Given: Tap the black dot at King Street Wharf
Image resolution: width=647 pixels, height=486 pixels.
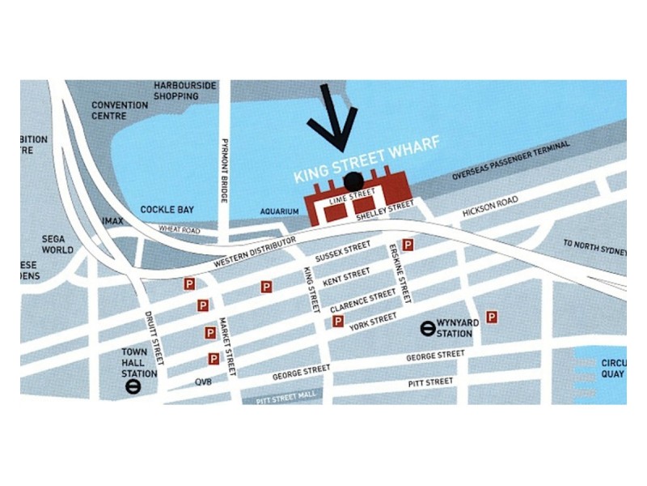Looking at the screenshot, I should point(353,181).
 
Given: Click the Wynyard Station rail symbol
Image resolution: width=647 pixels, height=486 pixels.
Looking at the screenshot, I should point(425,328).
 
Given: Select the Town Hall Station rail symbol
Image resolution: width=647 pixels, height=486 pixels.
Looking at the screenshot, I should point(134,387).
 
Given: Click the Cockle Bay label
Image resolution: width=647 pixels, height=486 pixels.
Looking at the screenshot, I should point(167,210).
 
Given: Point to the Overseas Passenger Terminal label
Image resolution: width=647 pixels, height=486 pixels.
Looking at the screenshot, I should point(511,160).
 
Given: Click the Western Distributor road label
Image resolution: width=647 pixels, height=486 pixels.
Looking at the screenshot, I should point(253,255).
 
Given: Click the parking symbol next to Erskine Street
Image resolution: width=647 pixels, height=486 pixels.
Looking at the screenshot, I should point(408,245).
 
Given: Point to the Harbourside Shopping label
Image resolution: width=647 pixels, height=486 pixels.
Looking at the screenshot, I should point(186,91).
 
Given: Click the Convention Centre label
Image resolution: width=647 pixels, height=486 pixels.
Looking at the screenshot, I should point(120,110).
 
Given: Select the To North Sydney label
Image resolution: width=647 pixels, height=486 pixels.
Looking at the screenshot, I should point(594,247).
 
